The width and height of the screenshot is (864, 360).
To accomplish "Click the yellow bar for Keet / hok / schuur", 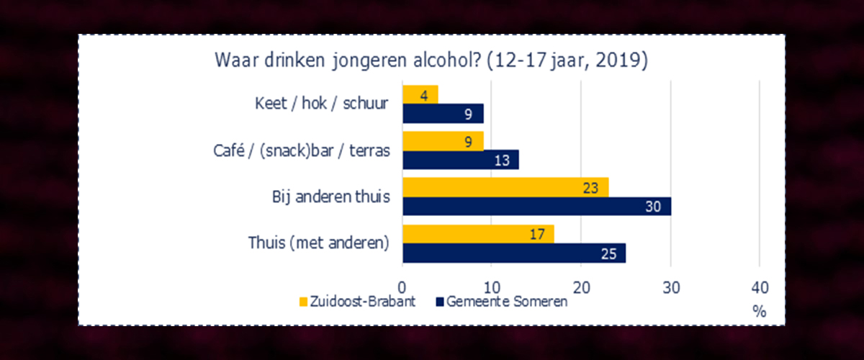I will point(420,94).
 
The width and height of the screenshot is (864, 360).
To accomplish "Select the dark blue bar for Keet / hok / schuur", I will point(443,113).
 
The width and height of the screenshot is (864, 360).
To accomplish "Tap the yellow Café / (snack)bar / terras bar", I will point(443,141).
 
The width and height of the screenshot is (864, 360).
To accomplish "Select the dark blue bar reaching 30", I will point(536,207).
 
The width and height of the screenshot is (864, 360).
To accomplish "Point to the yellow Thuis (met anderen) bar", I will point(478,234).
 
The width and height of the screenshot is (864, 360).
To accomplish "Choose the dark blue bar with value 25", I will point(514,253).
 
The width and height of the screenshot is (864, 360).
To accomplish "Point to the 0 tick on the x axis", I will point(402,287).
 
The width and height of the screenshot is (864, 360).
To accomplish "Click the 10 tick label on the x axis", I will point(492,287).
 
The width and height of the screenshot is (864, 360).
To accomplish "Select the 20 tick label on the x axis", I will point(581,287).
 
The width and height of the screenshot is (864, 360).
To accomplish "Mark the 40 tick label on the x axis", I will point(760,287).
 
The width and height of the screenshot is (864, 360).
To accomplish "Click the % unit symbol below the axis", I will point(760,312).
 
